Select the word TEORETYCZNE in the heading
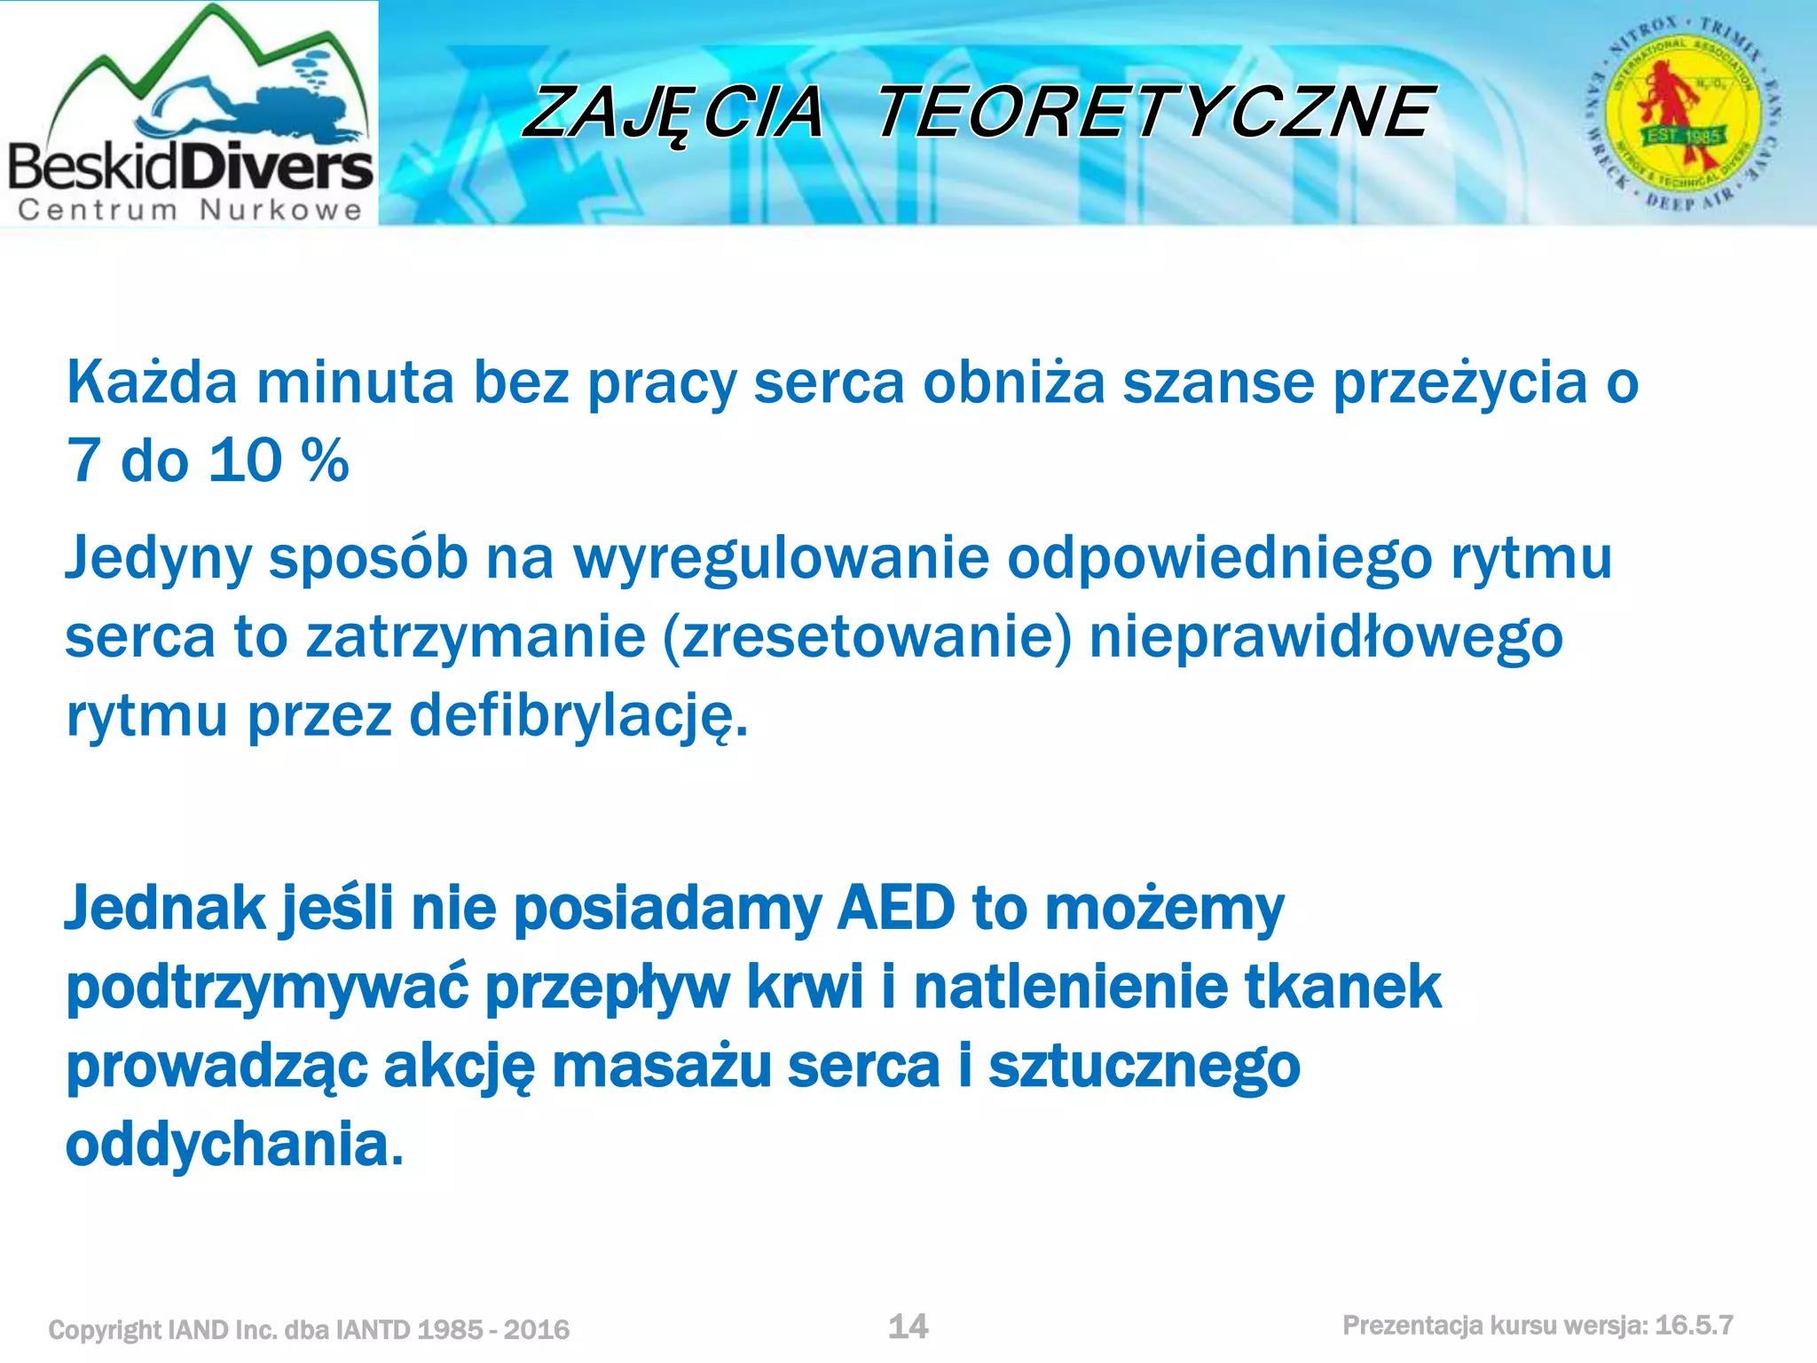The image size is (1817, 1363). [x=1153, y=114]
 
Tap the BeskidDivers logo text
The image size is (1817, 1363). [x=190, y=167]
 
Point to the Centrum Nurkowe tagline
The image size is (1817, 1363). [x=190, y=210]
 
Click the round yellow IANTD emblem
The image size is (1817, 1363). [x=1682, y=113]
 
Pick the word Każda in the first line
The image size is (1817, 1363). [x=152, y=383]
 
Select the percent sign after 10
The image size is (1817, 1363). [x=325, y=461]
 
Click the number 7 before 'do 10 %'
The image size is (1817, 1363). [x=83, y=461]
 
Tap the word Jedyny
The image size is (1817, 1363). [x=158, y=559]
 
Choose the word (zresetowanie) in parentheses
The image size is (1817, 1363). [x=868, y=637]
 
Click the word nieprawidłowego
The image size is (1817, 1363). [x=1325, y=637]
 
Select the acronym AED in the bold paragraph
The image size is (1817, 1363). [x=895, y=909]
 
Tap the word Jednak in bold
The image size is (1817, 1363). [x=165, y=909]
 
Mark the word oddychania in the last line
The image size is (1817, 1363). [x=234, y=1145]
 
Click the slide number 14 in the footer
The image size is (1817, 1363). [x=908, y=1327]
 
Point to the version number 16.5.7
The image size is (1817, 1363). [x=1694, y=1326]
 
